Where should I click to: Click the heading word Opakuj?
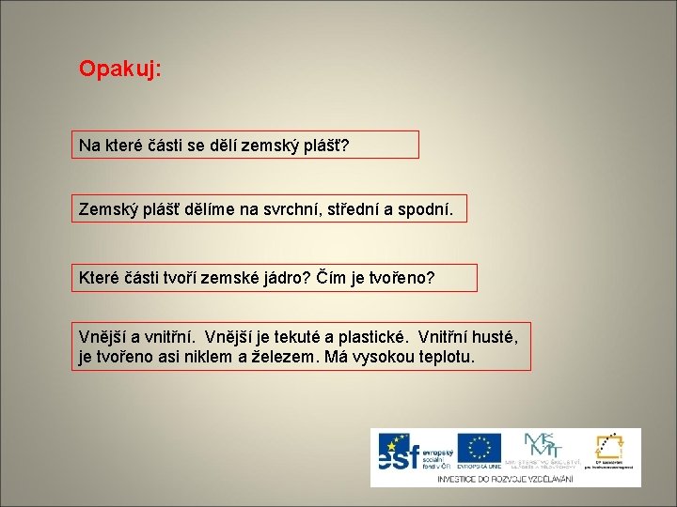point(120,69)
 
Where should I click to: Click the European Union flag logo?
point(479,448)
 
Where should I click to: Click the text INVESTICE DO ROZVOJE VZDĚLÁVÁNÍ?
point(506,478)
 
